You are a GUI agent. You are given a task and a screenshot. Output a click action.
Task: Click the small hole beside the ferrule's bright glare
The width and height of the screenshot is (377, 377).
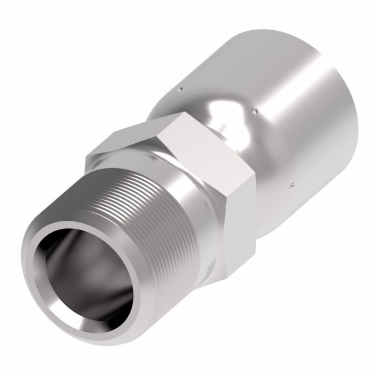click(x=253, y=111)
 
